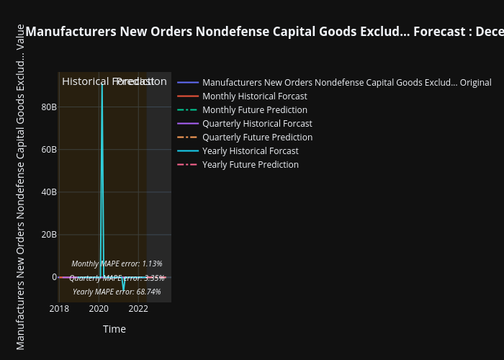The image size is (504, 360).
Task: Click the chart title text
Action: tap(264, 32)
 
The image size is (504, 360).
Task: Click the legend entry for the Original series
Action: tap(346, 83)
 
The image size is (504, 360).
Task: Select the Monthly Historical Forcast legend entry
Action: tap(254, 96)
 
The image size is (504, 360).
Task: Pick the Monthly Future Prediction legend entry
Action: tap(254, 110)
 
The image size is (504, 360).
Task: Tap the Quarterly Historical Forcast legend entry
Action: tap(257, 124)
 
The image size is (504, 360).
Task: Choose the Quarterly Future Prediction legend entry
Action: tap(257, 138)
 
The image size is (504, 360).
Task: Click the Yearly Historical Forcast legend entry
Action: tap(250, 151)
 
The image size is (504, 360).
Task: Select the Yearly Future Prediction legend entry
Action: tap(250, 165)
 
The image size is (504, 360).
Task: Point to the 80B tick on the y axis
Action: tap(49, 107)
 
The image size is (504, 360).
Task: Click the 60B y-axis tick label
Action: tap(49, 150)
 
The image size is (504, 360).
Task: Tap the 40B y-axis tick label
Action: tap(49, 192)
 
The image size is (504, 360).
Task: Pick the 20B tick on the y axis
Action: tap(49, 235)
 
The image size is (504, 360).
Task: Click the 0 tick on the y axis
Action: tap(53, 277)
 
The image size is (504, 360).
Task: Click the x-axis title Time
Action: tap(114, 329)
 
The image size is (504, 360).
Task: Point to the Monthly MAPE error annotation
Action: tap(117, 264)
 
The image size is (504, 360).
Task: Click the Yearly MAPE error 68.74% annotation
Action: tap(117, 292)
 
